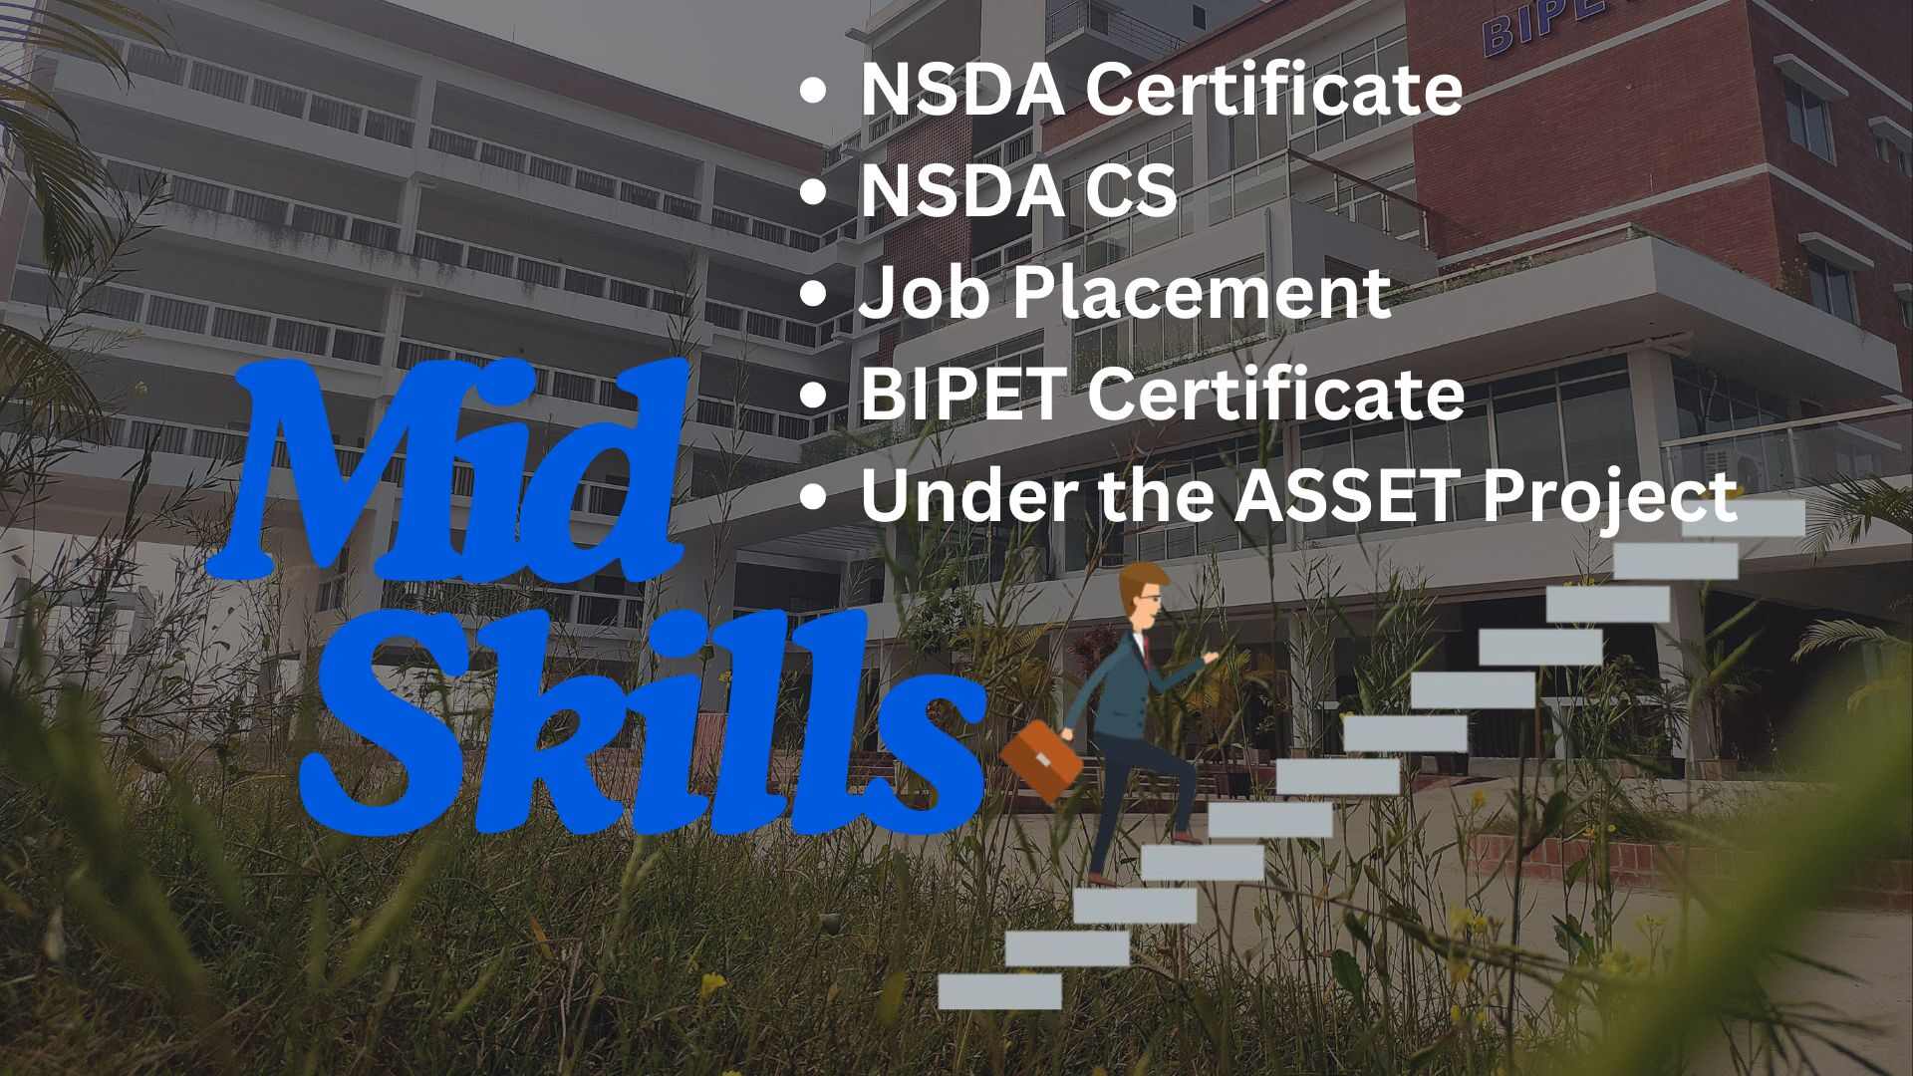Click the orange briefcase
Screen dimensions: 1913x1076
(1041, 761)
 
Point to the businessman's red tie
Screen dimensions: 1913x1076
(1147, 650)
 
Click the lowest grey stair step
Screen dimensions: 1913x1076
(999, 991)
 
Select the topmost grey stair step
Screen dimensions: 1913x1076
(1744, 518)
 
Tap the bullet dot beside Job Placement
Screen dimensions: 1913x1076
(814, 294)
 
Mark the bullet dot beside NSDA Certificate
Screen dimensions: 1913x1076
(814, 90)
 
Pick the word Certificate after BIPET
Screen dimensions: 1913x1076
(1275, 394)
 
